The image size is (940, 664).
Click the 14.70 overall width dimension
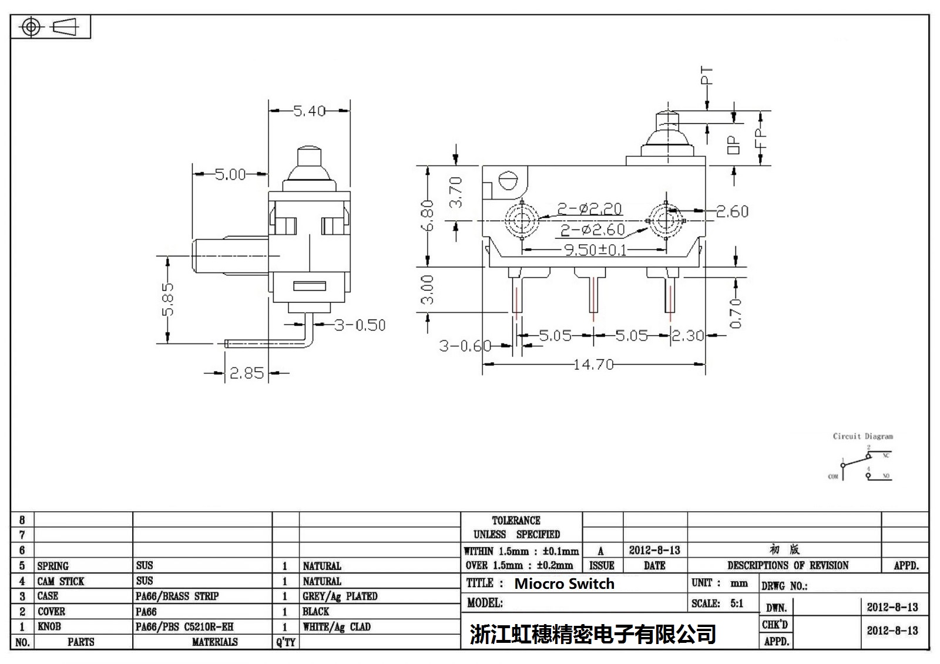tap(593, 365)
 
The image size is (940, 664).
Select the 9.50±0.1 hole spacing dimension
tap(596, 250)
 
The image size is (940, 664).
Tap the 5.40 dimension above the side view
tap(309, 110)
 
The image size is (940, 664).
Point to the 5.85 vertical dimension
tap(168, 299)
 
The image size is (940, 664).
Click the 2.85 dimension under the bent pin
tap(246, 373)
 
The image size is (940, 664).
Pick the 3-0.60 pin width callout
tap(465, 346)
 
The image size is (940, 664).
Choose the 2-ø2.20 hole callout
tap(589, 208)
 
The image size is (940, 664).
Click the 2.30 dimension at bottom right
tap(687, 336)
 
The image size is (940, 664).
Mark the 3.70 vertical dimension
tap(456, 193)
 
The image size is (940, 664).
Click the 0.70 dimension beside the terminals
tap(736, 314)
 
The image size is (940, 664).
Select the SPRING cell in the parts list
tap(53, 566)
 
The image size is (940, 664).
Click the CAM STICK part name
tap(61, 581)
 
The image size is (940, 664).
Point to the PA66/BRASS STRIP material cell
tap(177, 596)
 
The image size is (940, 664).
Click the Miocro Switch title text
tap(564, 584)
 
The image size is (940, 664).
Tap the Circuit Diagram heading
tap(862, 436)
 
